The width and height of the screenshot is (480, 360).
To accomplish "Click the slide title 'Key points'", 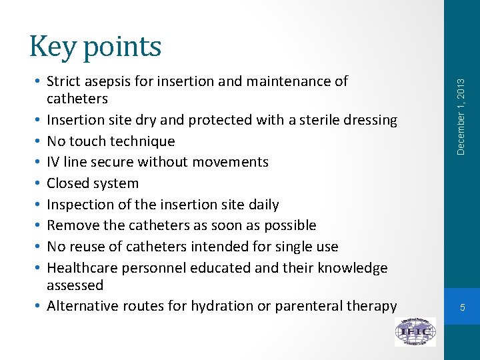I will [95, 47].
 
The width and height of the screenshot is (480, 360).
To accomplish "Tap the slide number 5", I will [461, 307].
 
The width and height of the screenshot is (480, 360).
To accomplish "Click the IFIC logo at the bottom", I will [415, 331].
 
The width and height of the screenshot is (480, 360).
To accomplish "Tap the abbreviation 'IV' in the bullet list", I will [54, 162].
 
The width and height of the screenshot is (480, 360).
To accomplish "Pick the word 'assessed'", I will [75, 285].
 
